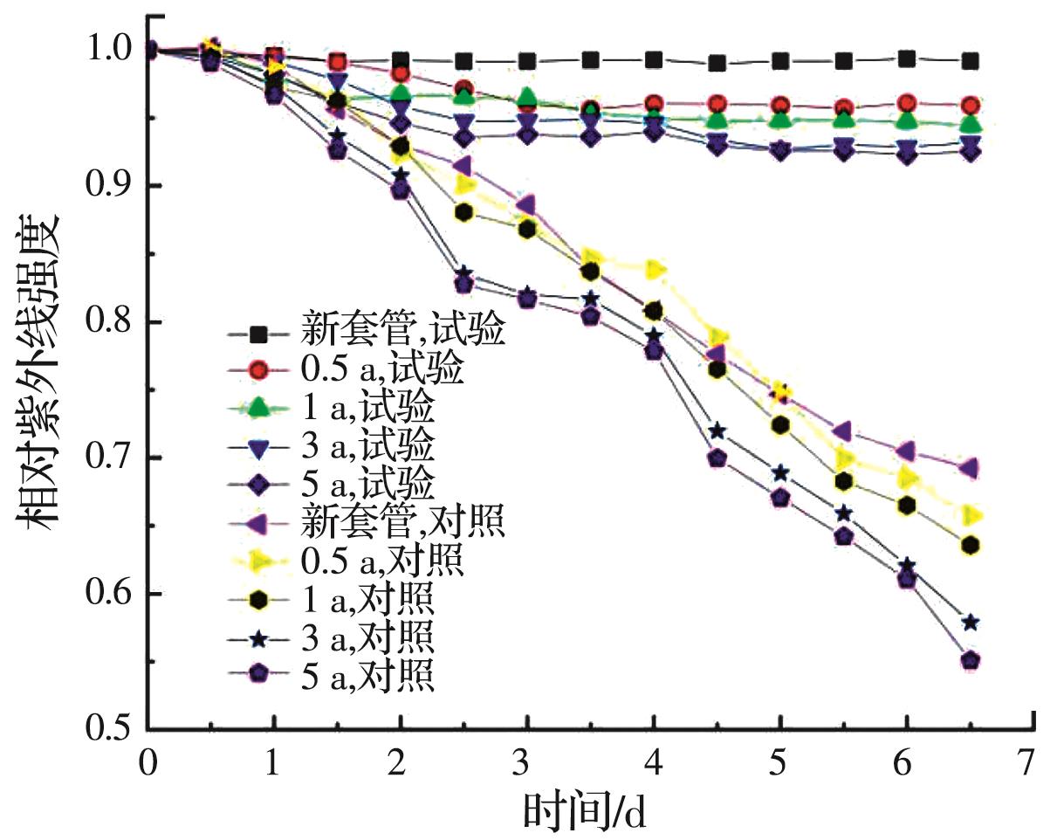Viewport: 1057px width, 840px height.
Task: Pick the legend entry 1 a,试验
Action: pyautogui.click(x=367, y=408)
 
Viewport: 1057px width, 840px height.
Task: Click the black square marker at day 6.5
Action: pyautogui.click(x=970, y=61)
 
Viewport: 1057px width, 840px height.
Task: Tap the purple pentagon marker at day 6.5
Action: pyautogui.click(x=970, y=660)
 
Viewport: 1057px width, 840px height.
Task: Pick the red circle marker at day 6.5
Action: pyautogui.click(x=970, y=107)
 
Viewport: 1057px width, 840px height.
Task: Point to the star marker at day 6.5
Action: pyautogui.click(x=970, y=623)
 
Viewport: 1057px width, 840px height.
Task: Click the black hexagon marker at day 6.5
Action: pyautogui.click(x=970, y=546)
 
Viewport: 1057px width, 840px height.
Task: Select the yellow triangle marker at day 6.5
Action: pyautogui.click(x=970, y=515)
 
